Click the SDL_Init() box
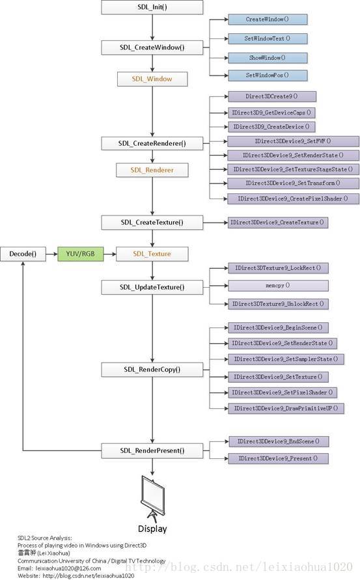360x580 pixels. pyautogui.click(x=152, y=7)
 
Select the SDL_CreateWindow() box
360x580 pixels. pyautogui.click(x=152, y=48)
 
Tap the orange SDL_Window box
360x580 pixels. pyautogui.click(x=152, y=79)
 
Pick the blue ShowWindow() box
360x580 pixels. pyautogui.click(x=268, y=58)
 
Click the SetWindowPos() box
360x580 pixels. pyautogui.click(x=268, y=75)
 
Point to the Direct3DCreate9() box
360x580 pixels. pyautogui.click(x=272, y=96)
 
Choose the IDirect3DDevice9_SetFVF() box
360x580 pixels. pyautogui.click(x=293, y=141)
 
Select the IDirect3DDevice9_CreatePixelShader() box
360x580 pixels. pyautogui.click(x=293, y=199)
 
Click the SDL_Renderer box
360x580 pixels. pyautogui.click(x=152, y=170)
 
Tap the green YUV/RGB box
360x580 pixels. pyautogui.click(x=80, y=254)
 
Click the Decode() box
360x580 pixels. pyautogui.click(x=23, y=254)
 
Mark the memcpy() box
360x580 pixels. pyautogui.click(x=278, y=286)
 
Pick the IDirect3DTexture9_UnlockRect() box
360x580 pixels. pyautogui.click(x=278, y=304)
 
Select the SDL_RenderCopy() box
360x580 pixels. pyautogui.click(x=152, y=370)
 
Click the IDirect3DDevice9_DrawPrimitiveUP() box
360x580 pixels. pyautogui.click(x=286, y=408)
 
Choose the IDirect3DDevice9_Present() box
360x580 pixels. pyautogui.click(x=278, y=458)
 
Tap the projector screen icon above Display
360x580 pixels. pyautogui.click(x=153, y=498)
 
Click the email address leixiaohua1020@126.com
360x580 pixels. pyautogui.click(x=68, y=568)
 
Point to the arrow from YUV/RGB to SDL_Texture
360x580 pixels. pyautogui.click(x=110, y=254)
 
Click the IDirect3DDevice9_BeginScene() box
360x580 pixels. pyautogui.click(x=278, y=327)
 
